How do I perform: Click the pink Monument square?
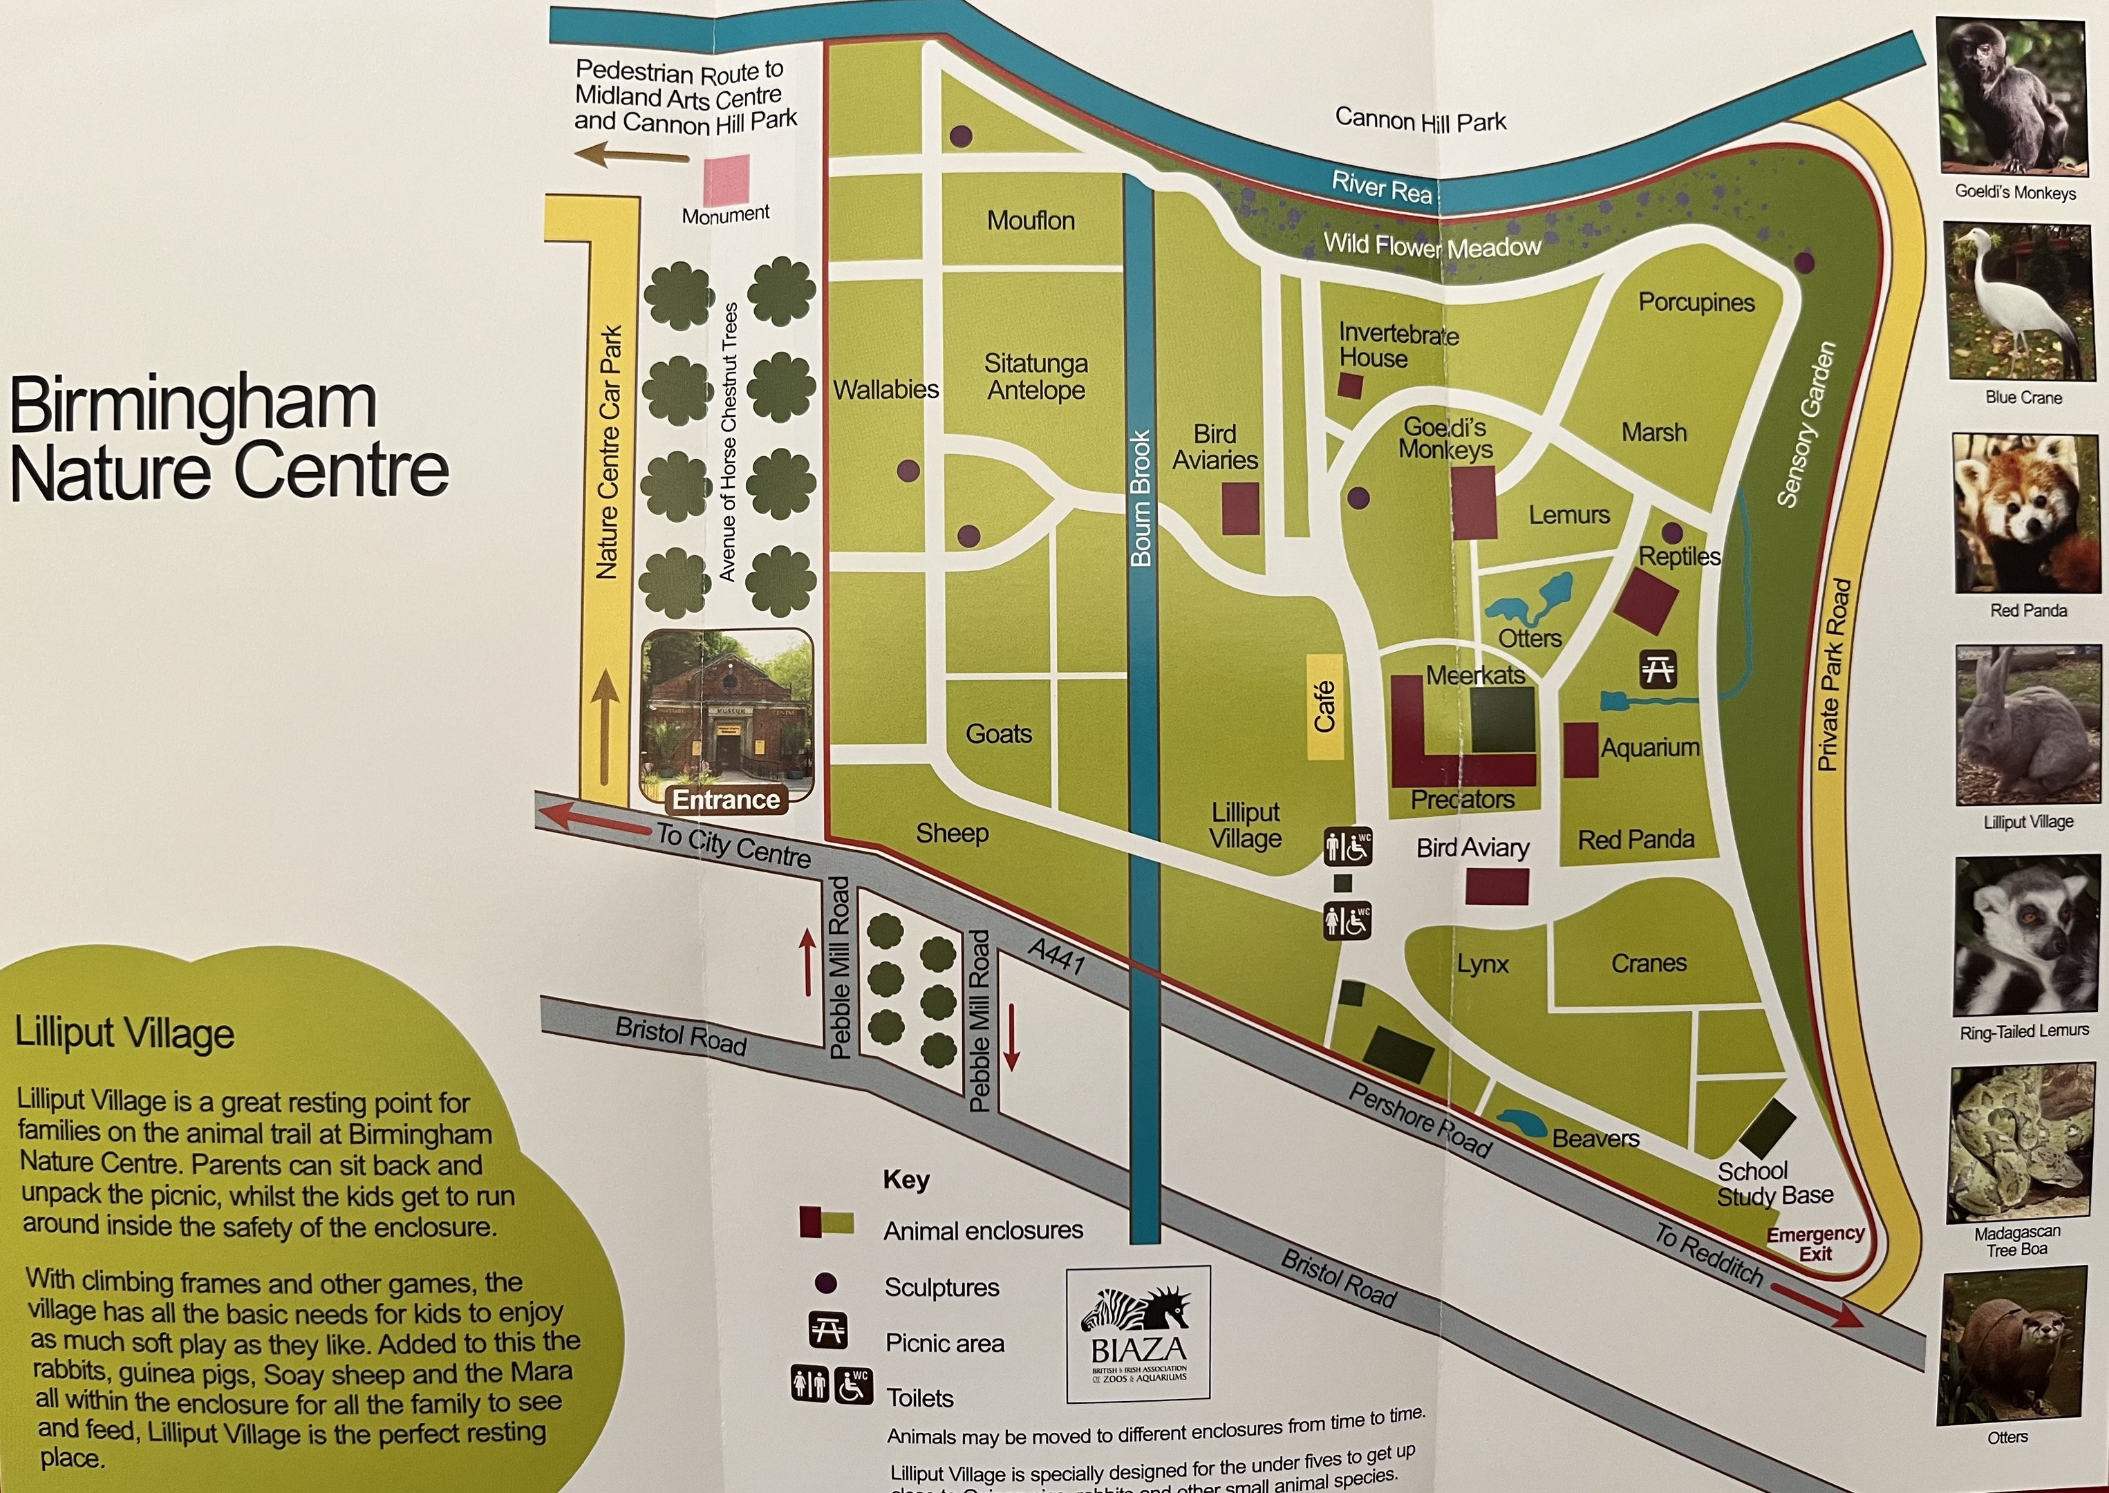tap(727, 180)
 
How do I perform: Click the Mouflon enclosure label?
tap(1031, 220)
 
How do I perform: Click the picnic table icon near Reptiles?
tap(1658, 669)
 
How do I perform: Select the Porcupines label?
tap(1696, 303)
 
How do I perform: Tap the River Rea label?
tap(1382, 187)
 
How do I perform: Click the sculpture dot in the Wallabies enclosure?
tap(908, 471)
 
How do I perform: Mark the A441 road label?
tap(1056, 956)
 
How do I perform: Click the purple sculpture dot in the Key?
tap(825, 1284)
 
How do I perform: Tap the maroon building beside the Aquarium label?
tap(1580, 750)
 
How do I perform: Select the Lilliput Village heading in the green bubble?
tap(125, 1033)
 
